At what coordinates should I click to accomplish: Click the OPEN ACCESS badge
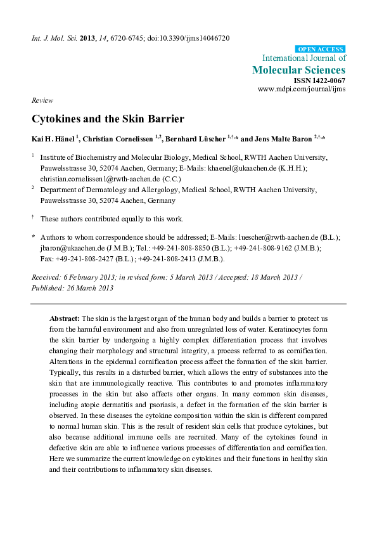[x=321, y=49]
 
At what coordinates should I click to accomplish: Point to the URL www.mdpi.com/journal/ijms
[x=301, y=89]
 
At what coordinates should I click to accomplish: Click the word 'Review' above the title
[x=42, y=101]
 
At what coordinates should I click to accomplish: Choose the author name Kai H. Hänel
[x=53, y=139]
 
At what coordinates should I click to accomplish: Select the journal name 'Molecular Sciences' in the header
[x=299, y=70]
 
